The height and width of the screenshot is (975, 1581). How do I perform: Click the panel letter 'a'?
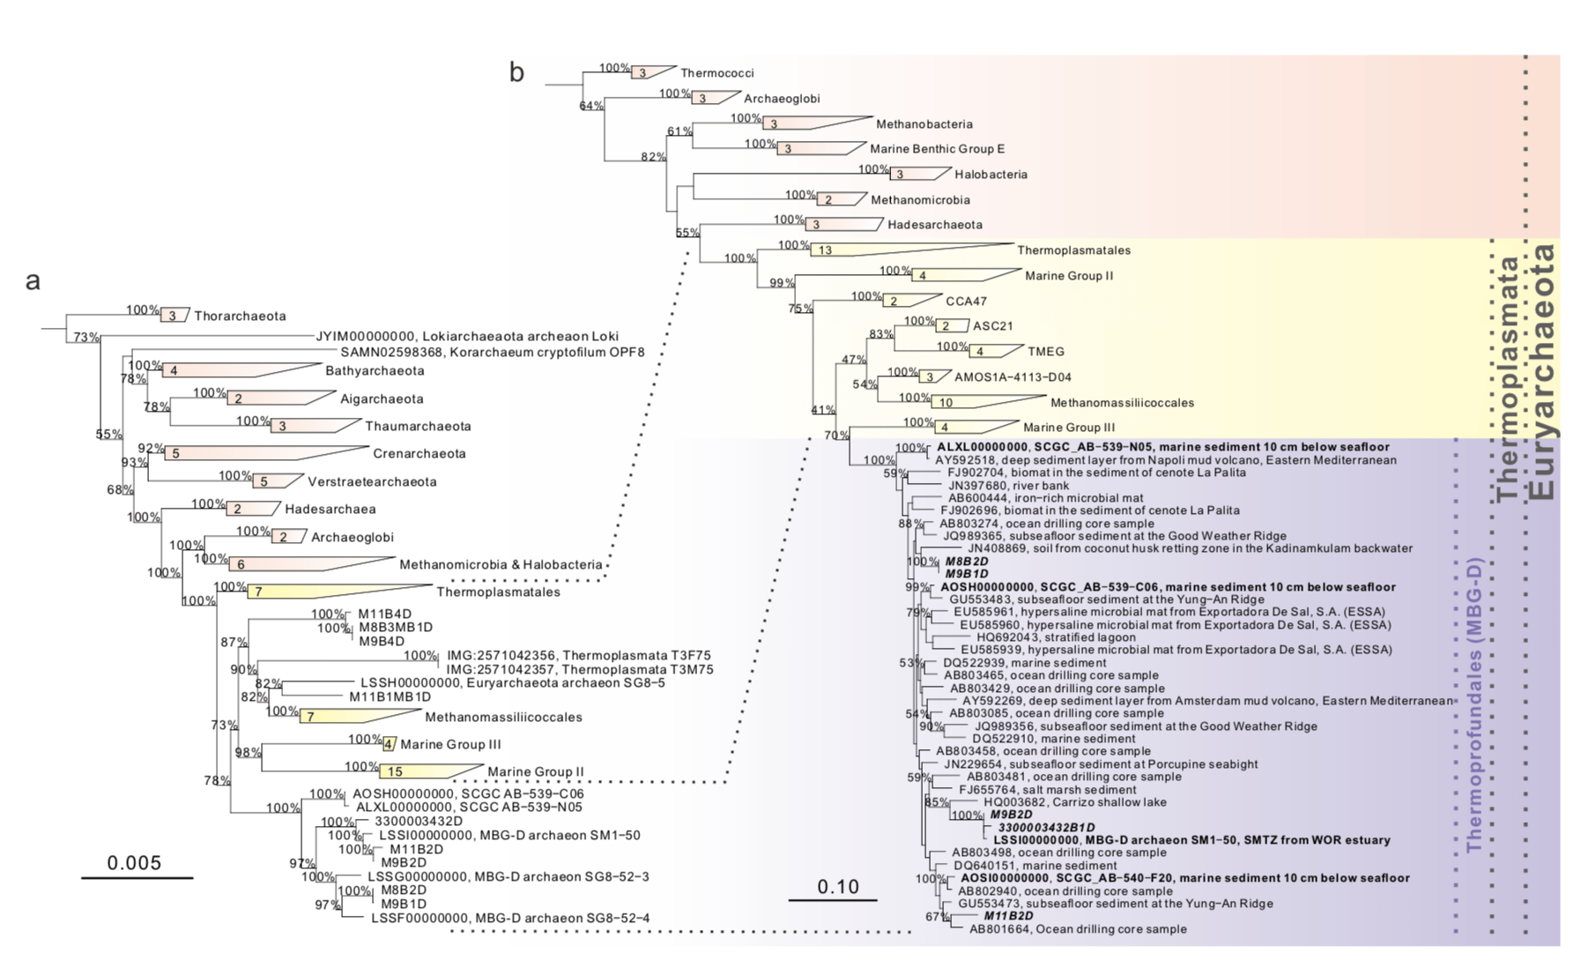pyautogui.click(x=33, y=281)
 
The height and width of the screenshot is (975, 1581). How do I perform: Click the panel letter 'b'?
pyautogui.click(x=516, y=72)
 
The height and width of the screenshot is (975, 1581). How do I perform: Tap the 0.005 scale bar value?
pyautogui.click(x=135, y=862)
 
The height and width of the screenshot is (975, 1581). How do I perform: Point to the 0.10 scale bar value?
pyautogui.click(x=837, y=886)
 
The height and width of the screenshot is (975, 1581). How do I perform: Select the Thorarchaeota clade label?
pyautogui.click(x=240, y=316)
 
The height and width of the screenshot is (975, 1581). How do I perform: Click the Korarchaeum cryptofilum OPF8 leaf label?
pyautogui.click(x=493, y=352)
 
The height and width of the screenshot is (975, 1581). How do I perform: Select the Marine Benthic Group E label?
pyautogui.click(x=937, y=149)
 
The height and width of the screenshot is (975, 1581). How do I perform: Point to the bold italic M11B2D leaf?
pyautogui.click(x=1008, y=916)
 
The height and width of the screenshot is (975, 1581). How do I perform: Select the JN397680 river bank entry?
pyautogui.click(x=1008, y=485)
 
